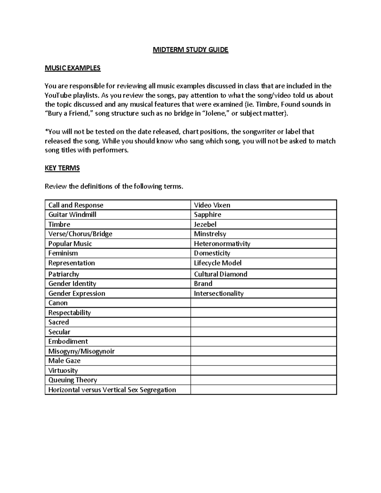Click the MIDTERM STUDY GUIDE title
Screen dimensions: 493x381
pyautogui.click(x=190, y=50)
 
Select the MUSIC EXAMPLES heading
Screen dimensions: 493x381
pyautogui.click(x=72, y=68)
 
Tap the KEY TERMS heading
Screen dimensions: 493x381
pyautogui.click(x=62, y=168)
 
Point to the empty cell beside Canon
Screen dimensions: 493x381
pyautogui.click(x=263, y=303)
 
